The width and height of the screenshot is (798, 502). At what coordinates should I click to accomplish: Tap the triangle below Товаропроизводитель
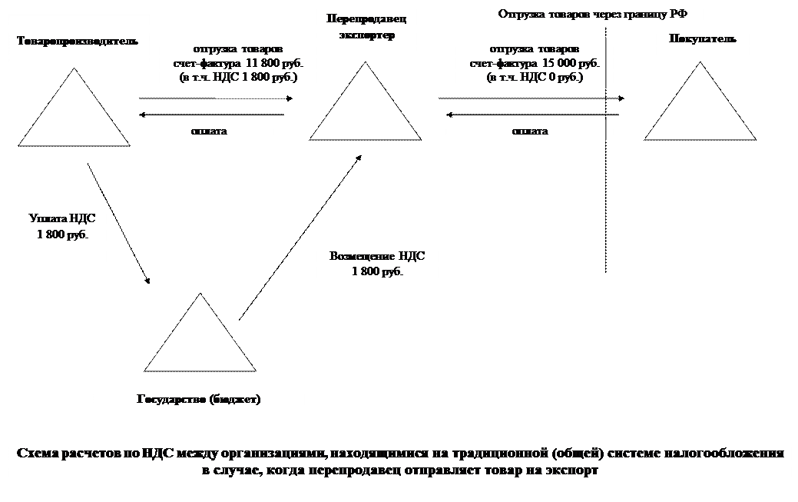pos(74,115)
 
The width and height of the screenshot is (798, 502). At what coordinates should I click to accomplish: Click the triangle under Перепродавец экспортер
pos(366,111)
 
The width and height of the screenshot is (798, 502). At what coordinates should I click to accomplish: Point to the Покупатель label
pos(703,39)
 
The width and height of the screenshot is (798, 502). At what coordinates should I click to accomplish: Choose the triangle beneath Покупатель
pos(700,111)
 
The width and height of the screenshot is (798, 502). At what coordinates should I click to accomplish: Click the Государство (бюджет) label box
pos(199,401)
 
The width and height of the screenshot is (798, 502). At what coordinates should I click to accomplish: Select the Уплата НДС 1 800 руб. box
pos(62,235)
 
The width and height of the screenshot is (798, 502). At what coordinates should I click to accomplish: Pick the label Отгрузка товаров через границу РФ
pos(598,14)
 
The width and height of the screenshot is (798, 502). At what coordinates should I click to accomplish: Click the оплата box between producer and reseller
pos(209,131)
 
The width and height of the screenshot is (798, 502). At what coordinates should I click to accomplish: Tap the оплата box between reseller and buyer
pos(530,131)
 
